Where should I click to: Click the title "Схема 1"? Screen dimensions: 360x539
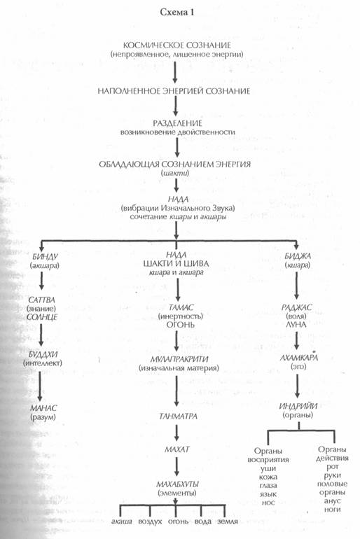click(x=177, y=13)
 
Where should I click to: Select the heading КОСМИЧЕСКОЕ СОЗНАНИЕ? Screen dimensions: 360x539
click(x=176, y=45)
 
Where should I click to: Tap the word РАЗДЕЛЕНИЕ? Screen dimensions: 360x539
click(x=177, y=123)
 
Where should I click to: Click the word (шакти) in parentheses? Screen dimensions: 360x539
click(x=174, y=174)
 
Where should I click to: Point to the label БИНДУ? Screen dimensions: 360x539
click(x=45, y=257)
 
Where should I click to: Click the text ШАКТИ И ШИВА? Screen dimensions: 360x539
click(x=176, y=264)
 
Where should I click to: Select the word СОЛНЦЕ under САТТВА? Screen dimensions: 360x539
click(x=42, y=317)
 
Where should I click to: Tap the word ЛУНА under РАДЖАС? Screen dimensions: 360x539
click(x=296, y=325)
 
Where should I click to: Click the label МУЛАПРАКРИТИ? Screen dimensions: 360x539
click(x=179, y=359)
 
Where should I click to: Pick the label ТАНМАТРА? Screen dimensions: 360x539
click(x=178, y=416)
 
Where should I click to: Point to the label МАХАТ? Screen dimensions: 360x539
click(x=176, y=449)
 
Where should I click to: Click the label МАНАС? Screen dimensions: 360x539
click(x=43, y=408)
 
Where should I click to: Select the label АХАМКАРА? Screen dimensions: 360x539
click(x=299, y=358)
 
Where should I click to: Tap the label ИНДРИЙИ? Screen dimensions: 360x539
click(x=298, y=406)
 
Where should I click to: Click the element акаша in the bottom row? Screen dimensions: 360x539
click(x=122, y=521)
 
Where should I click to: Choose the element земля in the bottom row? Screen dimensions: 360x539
click(x=228, y=521)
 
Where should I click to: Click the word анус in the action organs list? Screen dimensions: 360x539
click(x=332, y=500)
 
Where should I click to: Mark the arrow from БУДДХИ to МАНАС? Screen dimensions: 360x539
click(x=40, y=386)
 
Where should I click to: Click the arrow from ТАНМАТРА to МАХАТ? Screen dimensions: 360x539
click(x=176, y=433)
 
